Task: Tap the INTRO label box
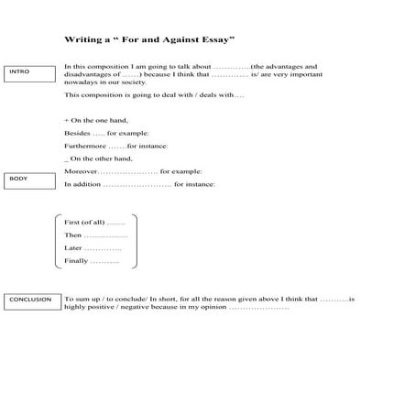(x=29, y=73)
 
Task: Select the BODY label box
(x=29, y=180)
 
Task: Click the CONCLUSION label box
(x=30, y=300)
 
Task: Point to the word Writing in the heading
(x=82, y=40)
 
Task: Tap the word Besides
(x=77, y=133)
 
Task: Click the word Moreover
(x=81, y=171)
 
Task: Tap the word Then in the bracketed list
(x=73, y=235)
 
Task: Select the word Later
(x=74, y=248)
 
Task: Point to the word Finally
(x=77, y=261)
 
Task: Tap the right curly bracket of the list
(x=134, y=242)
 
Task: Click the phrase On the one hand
(x=97, y=120)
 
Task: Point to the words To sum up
(x=81, y=300)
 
